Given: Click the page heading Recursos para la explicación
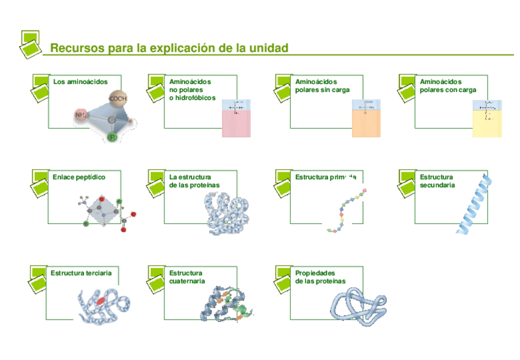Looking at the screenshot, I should [169, 48].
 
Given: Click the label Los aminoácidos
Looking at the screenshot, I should [80, 82].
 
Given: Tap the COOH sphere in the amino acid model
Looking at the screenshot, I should [118, 98].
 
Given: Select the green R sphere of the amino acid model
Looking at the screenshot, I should [112, 137].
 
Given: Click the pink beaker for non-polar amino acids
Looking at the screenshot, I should [236, 118].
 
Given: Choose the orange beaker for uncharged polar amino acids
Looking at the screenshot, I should [367, 118].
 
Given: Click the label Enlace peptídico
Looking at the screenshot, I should [78, 177].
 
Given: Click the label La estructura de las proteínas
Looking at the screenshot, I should [194, 181].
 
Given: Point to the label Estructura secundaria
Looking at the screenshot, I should [437, 181].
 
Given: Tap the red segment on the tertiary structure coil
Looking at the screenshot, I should [100, 301].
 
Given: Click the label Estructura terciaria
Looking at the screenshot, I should [82, 272].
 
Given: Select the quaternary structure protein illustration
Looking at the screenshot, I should [226, 304].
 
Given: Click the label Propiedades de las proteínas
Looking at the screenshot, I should [320, 277].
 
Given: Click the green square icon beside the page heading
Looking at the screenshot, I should [31, 44].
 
